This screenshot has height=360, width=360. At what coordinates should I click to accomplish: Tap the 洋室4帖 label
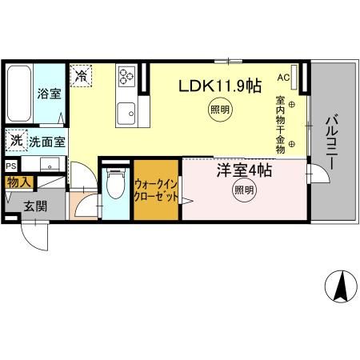(243, 170)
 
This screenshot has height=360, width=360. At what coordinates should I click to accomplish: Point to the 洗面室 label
(47, 142)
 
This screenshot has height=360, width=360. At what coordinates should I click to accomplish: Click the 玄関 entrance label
(35, 206)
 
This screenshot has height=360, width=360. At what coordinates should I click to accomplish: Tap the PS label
(10, 166)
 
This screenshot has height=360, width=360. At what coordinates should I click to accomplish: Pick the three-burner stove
(128, 78)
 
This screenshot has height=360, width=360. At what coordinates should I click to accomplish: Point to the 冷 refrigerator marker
(82, 76)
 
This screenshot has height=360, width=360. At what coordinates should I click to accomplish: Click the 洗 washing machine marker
(17, 141)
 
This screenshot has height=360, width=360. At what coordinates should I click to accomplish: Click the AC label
(282, 78)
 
